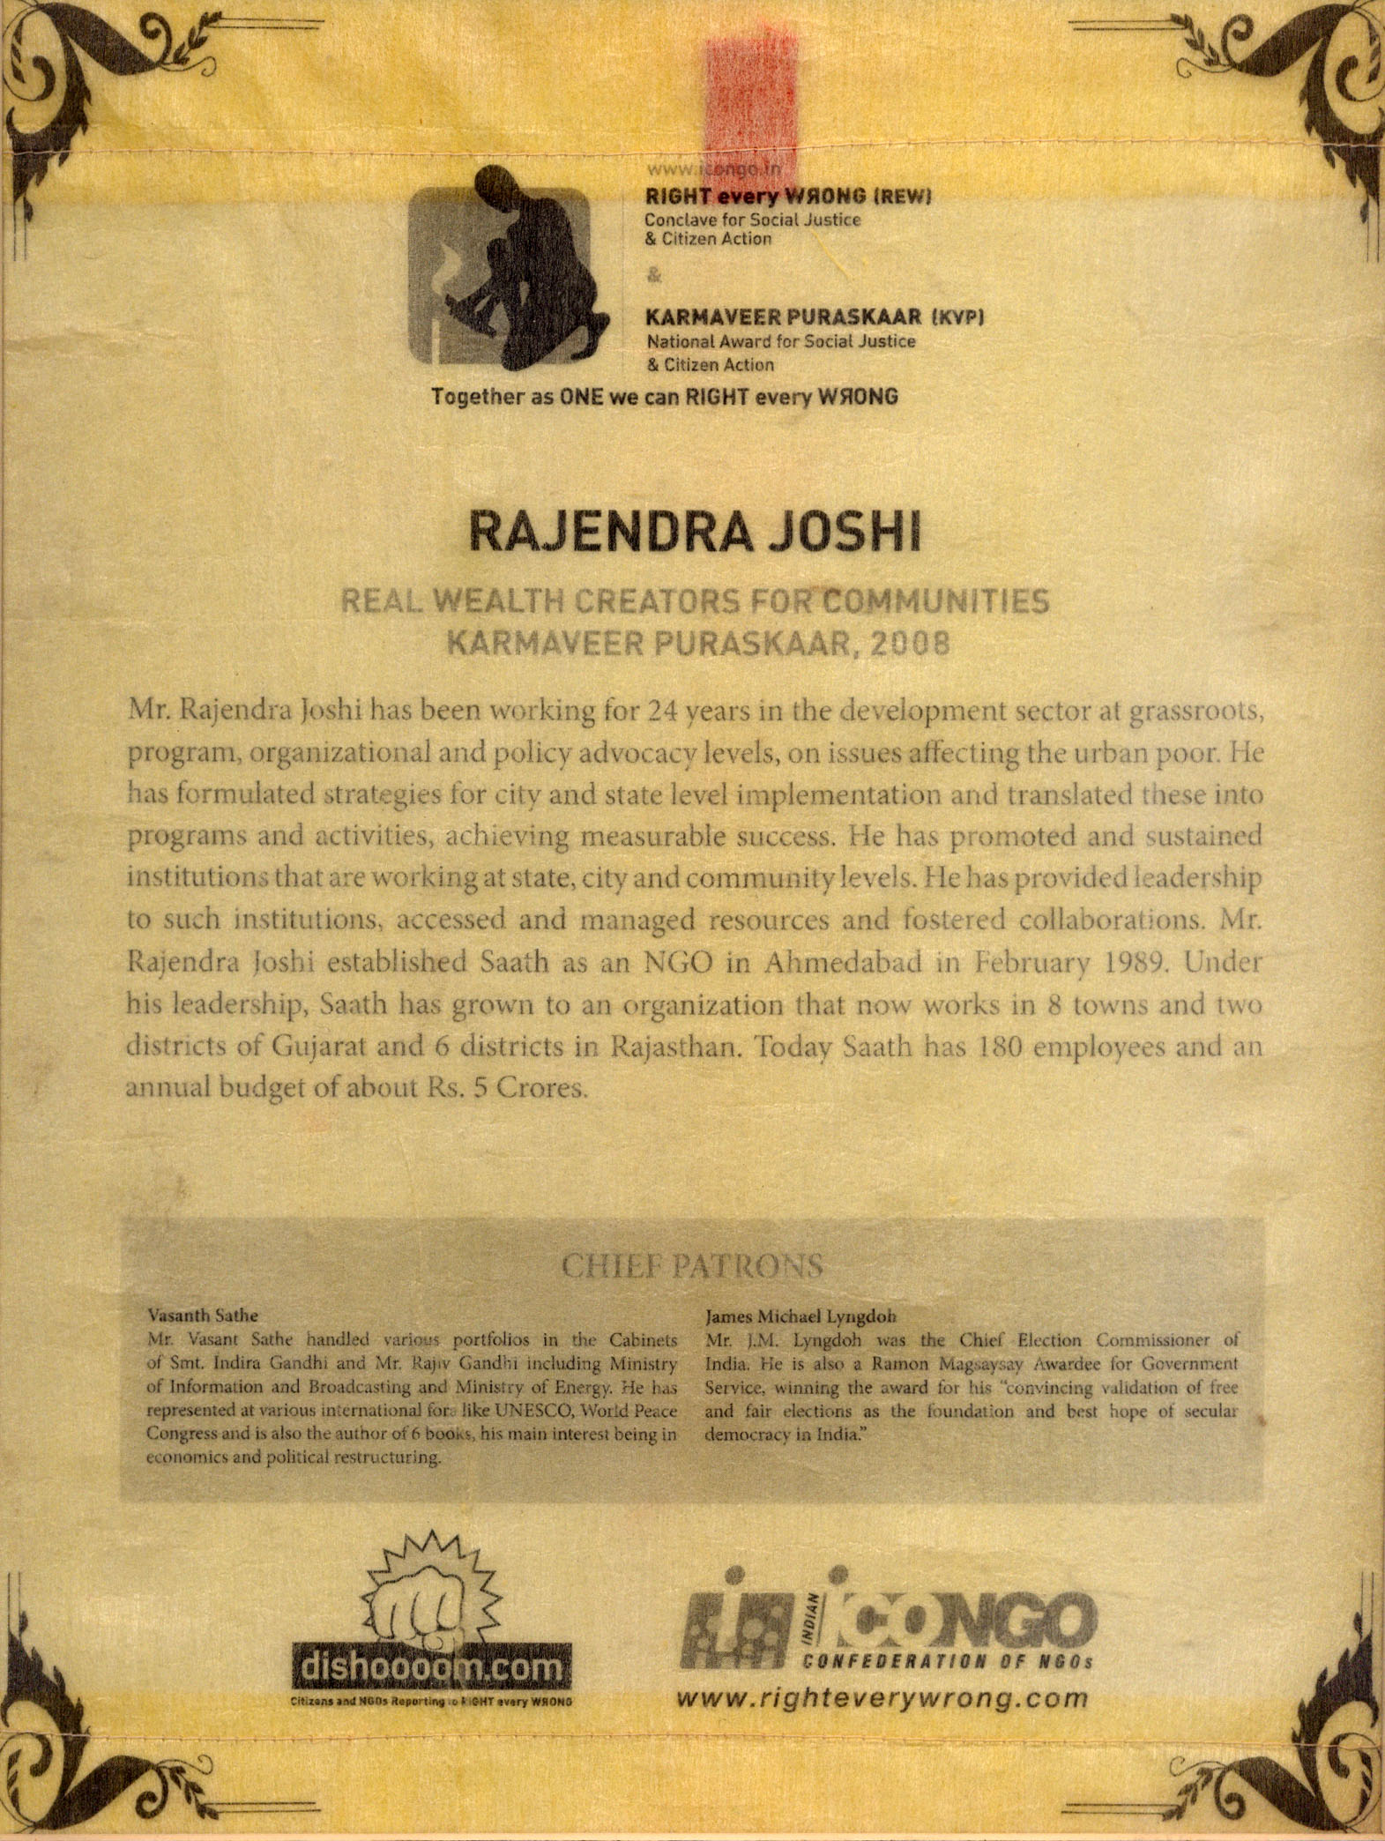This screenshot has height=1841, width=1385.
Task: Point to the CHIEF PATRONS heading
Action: (x=693, y=1266)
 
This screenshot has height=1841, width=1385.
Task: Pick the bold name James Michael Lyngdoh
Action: (x=800, y=1316)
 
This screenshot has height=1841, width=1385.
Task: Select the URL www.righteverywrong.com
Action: (x=882, y=1699)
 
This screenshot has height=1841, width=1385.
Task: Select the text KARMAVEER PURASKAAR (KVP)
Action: (x=815, y=317)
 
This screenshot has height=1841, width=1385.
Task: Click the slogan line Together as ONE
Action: (x=664, y=397)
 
